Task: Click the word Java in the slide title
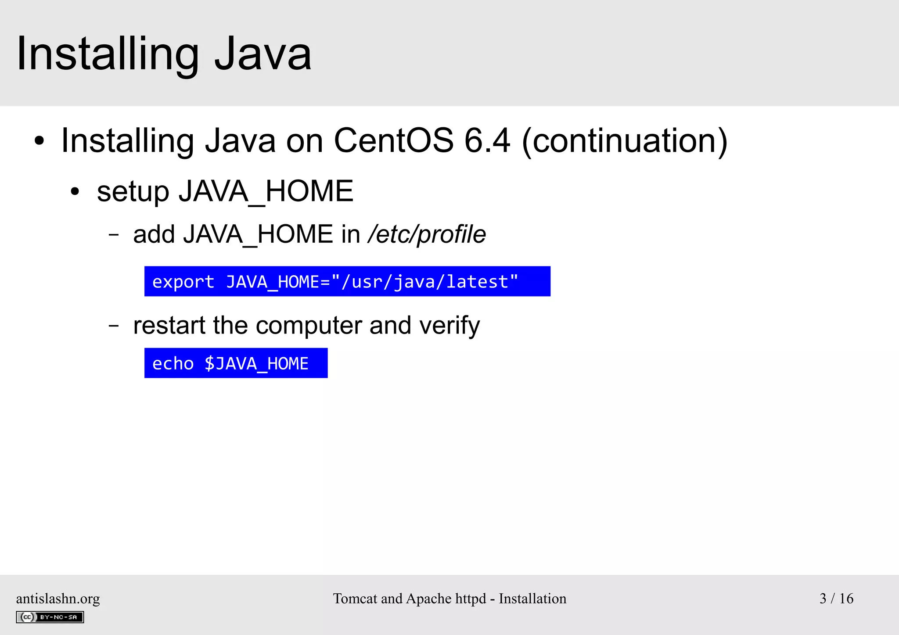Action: [263, 54]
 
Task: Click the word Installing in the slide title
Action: [108, 54]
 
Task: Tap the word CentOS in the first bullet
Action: [393, 141]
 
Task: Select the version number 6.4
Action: [487, 141]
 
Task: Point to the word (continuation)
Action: [625, 141]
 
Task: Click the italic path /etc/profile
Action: [427, 234]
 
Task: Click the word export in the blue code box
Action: [183, 282]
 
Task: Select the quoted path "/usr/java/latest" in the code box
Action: [424, 282]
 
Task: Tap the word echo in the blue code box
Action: [173, 363]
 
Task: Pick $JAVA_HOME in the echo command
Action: [256, 363]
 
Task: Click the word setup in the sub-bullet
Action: [133, 192]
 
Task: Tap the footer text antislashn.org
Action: [58, 599]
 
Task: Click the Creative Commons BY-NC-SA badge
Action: [50, 617]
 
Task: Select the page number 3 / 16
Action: [836, 599]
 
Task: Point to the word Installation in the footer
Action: [532, 599]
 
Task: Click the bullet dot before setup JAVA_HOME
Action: [75, 192]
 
